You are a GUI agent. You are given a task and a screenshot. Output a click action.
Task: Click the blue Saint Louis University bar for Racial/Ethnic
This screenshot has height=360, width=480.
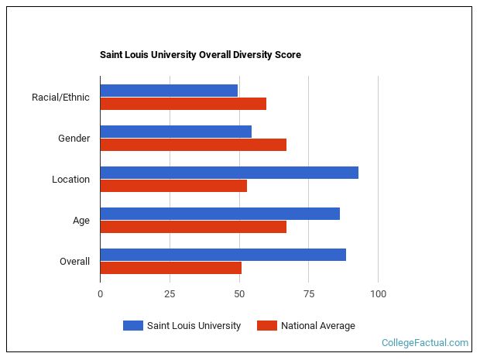coord(169,91)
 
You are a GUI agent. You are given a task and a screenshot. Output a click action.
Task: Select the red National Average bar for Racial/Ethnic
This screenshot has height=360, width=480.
coord(183,104)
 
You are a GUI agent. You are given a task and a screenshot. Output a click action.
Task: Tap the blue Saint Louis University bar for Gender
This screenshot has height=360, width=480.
coord(176,132)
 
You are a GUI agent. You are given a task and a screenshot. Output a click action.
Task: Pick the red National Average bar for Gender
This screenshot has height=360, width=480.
coord(194,145)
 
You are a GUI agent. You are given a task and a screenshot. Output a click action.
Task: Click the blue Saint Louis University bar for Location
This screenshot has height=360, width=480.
coord(229,173)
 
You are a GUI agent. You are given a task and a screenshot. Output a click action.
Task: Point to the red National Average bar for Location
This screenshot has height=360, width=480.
coord(173,186)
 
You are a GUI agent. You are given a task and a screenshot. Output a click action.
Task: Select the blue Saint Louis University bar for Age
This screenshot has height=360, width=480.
coord(220,214)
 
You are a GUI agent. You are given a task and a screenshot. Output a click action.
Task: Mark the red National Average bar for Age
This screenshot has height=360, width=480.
coord(194,227)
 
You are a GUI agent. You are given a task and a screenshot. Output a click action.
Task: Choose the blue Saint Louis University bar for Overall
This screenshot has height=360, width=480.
coord(223,255)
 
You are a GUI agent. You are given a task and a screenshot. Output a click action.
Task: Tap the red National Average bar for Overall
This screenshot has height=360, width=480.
coord(171,268)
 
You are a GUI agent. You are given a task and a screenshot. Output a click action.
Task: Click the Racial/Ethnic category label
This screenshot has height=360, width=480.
coord(60,98)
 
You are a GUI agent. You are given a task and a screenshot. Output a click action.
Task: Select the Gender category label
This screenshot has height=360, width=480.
coord(74,139)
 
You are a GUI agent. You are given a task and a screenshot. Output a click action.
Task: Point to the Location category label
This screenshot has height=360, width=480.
coord(70,180)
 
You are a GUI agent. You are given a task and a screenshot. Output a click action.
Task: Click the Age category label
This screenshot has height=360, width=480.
coord(81,221)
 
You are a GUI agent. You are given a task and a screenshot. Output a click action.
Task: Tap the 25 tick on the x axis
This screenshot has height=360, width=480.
coord(170,294)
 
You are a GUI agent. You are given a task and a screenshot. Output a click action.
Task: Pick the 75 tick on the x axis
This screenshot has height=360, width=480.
coord(308,294)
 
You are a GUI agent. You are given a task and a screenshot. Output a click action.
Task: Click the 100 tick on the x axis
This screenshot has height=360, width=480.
coord(378,294)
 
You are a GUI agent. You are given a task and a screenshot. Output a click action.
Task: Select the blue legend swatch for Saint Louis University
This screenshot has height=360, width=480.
coord(133,326)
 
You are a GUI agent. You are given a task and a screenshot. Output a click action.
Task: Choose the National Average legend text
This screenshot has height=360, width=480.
coord(317,326)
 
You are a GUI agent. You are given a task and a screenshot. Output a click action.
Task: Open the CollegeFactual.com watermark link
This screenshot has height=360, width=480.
coord(425,342)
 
